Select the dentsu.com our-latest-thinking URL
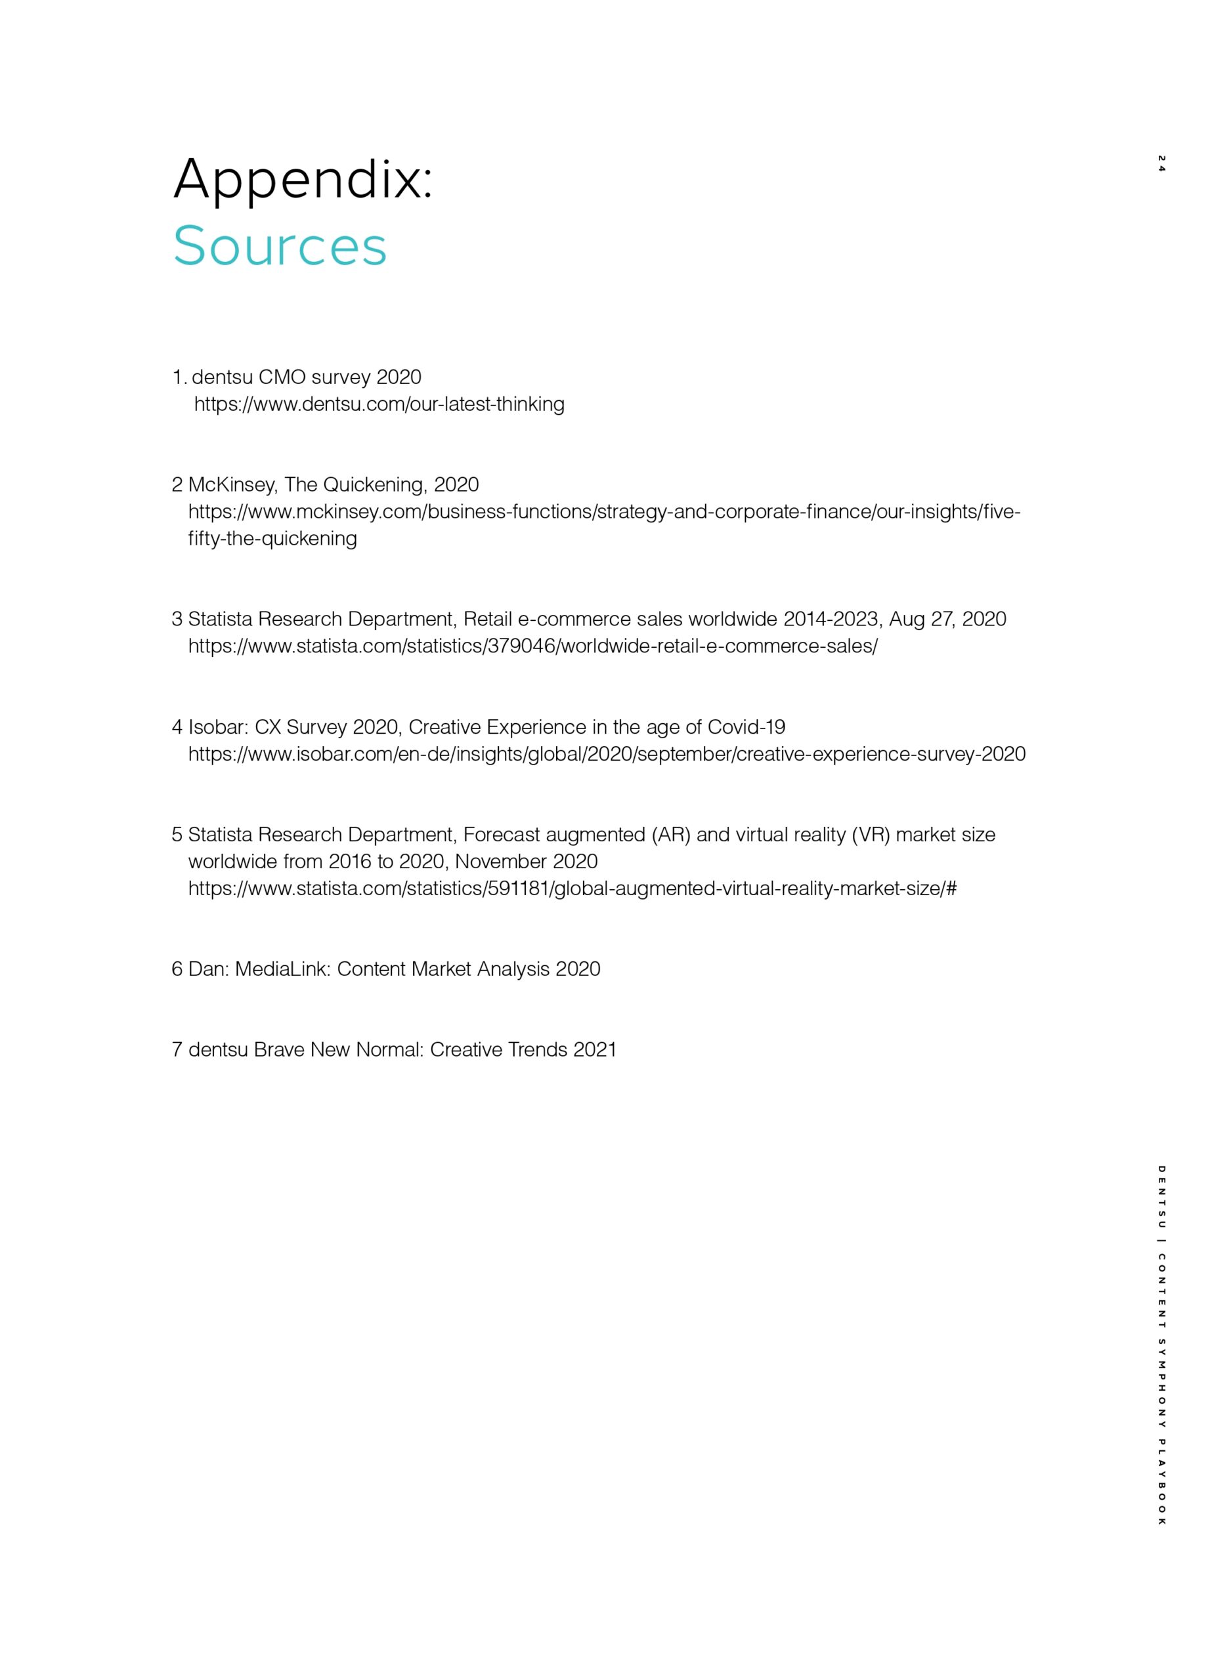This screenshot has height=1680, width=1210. coord(379,404)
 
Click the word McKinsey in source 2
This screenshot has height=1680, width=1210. coord(232,484)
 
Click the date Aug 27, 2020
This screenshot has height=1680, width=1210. coord(947,619)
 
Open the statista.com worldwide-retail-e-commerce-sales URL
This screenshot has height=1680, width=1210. coord(532,646)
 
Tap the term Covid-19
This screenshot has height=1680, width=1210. coord(746,726)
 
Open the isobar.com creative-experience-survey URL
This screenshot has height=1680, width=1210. coord(606,754)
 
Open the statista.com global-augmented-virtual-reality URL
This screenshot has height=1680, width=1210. coord(572,888)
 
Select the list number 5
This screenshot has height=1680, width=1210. coord(177,835)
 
